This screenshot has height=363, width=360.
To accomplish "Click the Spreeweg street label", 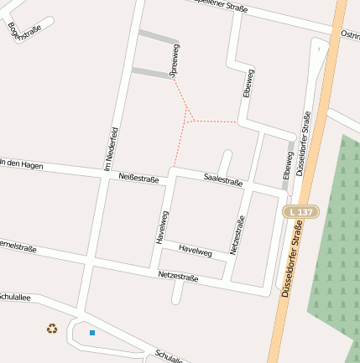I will [x=175, y=61].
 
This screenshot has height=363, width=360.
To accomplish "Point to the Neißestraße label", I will [x=138, y=177].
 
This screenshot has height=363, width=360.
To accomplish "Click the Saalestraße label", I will [x=223, y=181].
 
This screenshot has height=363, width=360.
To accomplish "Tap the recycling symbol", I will [x=52, y=329].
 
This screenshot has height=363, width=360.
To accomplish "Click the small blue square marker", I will [x=92, y=333].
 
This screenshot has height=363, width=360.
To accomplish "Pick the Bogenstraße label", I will [x=24, y=31].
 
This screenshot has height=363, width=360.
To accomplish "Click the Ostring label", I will [x=350, y=36].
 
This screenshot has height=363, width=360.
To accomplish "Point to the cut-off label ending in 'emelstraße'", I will [x=18, y=247].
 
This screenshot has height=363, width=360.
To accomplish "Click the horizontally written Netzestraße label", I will [x=178, y=276].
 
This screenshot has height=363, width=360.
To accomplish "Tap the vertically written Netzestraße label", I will [x=237, y=235].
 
